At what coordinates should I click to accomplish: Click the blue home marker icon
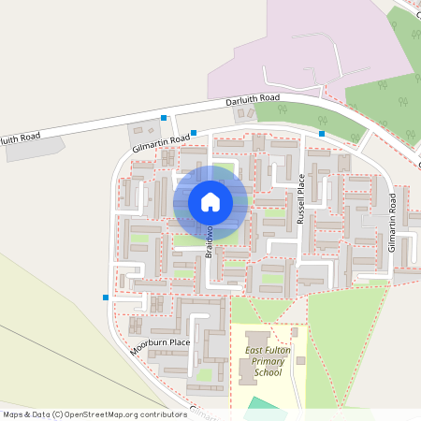click(x=210, y=201)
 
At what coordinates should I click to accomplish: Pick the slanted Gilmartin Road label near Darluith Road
click(x=161, y=142)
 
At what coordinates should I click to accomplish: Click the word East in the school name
click(x=255, y=350)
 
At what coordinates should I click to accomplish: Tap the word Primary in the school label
click(x=268, y=361)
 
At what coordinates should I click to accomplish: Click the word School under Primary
click(x=268, y=372)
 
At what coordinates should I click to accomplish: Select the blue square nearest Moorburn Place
click(x=106, y=298)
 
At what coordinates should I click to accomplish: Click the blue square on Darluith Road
click(x=164, y=118)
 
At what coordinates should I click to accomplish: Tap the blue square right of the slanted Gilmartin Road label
click(x=194, y=133)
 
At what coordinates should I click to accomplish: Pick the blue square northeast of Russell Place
click(x=322, y=134)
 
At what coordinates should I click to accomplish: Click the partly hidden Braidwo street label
click(x=210, y=240)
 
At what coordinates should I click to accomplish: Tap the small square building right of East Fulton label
click(x=294, y=331)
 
